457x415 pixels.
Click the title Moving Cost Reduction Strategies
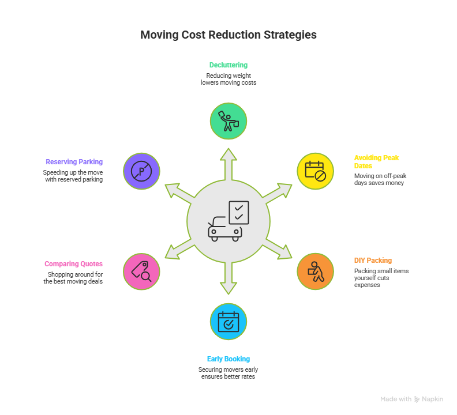pyautogui.click(x=228, y=35)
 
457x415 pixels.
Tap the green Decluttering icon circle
pyautogui.click(x=228, y=121)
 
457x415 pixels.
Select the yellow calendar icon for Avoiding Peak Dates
pyautogui.click(x=315, y=171)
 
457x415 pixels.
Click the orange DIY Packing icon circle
pyautogui.click(x=315, y=271)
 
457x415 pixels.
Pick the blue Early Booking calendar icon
pyautogui.click(x=228, y=322)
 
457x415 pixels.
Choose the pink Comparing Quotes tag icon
pyautogui.click(x=141, y=271)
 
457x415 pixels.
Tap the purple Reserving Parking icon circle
pyautogui.click(x=141, y=171)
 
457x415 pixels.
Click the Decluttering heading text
pyautogui.click(x=228, y=65)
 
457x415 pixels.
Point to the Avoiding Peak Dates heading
pyautogui.click(x=376, y=161)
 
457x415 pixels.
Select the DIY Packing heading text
pyautogui.click(x=373, y=260)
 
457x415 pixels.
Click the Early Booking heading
pyautogui.click(x=228, y=359)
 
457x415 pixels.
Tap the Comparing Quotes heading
pyautogui.click(x=73, y=264)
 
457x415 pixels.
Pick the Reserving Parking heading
pyautogui.click(x=74, y=162)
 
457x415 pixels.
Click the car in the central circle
pyautogui.click(x=224, y=229)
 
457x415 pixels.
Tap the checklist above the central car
pyautogui.click(x=239, y=212)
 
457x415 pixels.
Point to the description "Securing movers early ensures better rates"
pyautogui.click(x=228, y=373)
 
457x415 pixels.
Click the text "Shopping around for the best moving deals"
pyautogui.click(x=73, y=278)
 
